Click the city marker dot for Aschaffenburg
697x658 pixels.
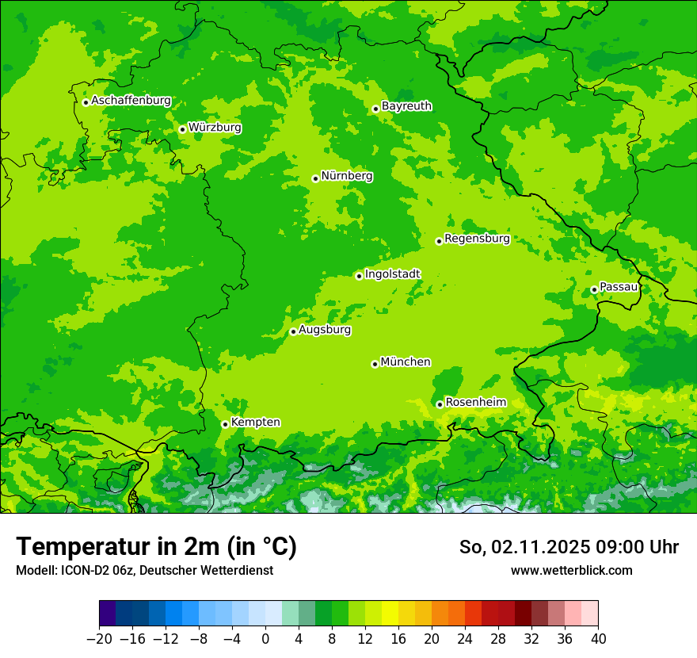[86, 102]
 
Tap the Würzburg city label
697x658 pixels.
[215, 128]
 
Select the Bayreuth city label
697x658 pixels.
[406, 106]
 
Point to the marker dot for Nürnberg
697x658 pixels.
[315, 178]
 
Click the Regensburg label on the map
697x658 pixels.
[477, 239]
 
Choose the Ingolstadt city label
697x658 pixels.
[392, 274]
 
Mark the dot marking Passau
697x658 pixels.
[594, 289]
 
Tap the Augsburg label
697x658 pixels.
[325, 330]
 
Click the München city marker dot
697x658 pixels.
[375, 364]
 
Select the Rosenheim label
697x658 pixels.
[475, 403]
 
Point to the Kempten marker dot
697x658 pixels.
[225, 424]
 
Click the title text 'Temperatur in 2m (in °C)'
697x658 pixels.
[156, 547]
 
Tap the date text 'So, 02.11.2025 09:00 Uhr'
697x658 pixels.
[569, 547]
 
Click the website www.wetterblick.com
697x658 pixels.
[571, 571]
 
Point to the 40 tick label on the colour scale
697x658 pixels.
[598, 639]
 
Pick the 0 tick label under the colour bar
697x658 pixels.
[265, 639]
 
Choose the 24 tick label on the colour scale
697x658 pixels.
[465, 639]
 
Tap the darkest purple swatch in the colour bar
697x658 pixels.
[108, 614]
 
